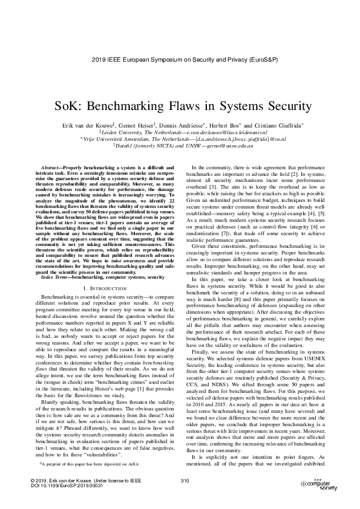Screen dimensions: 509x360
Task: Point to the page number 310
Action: click(185, 481)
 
